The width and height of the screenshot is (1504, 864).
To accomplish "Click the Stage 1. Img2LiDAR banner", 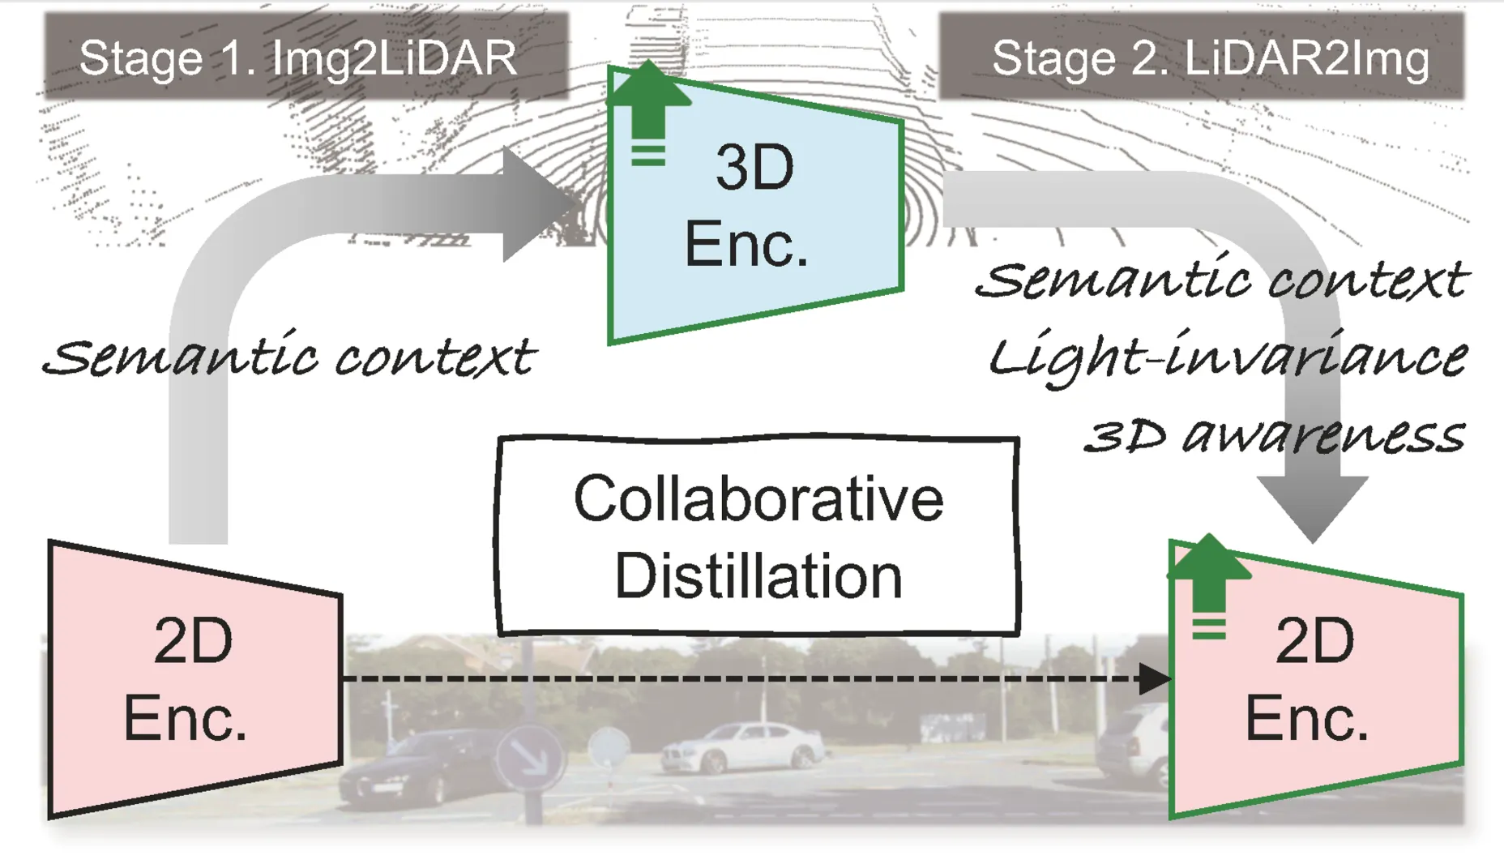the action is [306, 56].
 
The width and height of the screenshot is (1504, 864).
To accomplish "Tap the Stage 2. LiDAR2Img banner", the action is [1201, 56].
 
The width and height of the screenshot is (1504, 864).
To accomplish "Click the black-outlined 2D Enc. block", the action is [194, 679].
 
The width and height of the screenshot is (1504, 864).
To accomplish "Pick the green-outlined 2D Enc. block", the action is [1315, 679].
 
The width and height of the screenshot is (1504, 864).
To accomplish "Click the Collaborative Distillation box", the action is [758, 536].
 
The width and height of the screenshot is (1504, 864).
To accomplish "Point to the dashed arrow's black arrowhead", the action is [1154, 678].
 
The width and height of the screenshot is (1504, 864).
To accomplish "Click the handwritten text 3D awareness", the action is [1275, 434].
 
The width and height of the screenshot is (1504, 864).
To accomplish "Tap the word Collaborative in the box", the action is [758, 498].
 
